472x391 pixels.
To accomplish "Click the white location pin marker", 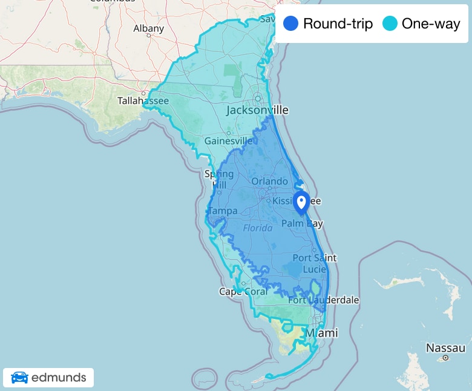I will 301,201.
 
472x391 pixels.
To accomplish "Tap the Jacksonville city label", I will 257,110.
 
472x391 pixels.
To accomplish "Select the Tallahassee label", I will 143,100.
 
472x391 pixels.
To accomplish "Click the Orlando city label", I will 270,181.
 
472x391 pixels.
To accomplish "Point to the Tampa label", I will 223,211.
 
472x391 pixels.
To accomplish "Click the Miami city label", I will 321,333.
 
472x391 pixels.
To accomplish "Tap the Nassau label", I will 445,348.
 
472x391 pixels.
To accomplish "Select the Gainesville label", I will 228,140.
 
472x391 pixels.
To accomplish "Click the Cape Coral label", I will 243,292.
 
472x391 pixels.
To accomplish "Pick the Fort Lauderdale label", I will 323,300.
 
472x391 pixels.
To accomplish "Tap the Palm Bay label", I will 303,223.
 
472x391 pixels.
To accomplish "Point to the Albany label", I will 148,28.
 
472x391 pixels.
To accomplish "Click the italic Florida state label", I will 258,228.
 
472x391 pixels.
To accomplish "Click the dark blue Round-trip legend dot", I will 290,24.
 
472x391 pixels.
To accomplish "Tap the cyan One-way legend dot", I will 390,24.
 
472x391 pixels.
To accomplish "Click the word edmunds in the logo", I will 59,378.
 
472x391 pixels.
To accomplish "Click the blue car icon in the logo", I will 19,378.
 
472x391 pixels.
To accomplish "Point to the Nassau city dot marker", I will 445,358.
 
